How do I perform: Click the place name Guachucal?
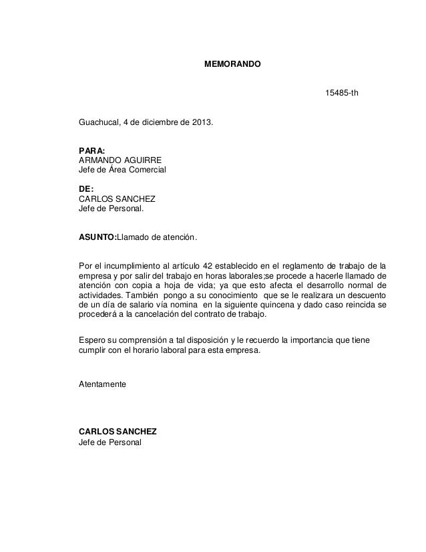[98, 124]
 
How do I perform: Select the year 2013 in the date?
[203, 124]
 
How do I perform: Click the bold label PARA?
[91, 151]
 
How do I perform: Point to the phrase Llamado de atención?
[156, 237]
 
